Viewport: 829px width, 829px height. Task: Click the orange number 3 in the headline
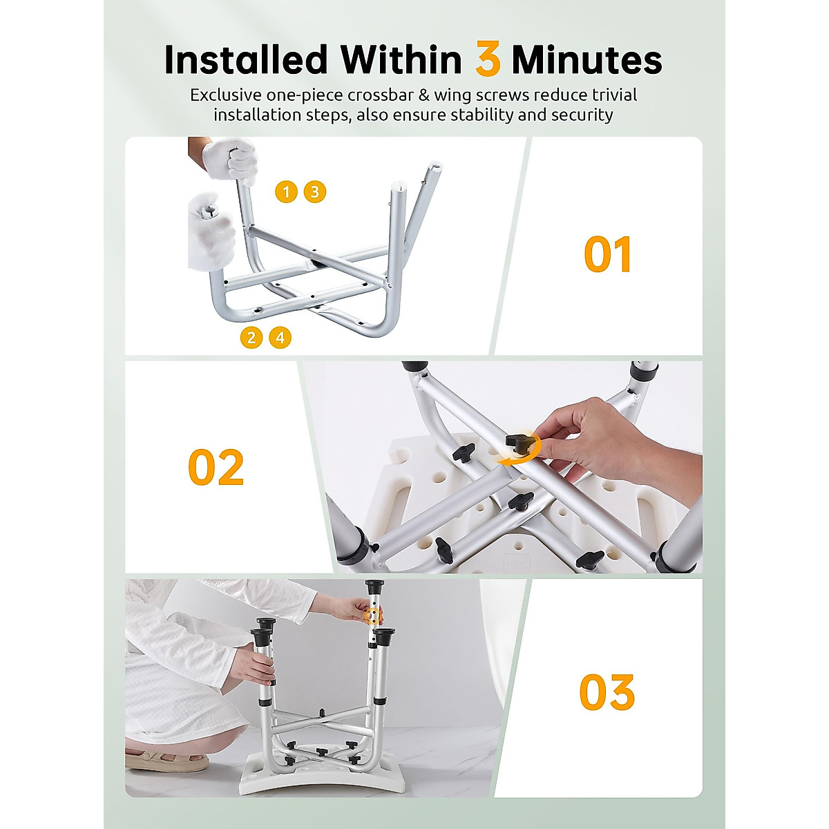coord(488,61)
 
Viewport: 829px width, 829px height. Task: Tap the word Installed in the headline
coord(245,61)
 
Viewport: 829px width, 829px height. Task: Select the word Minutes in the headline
coord(587,61)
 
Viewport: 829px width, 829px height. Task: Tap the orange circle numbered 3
coord(314,191)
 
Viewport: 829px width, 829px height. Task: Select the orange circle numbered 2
coord(251,337)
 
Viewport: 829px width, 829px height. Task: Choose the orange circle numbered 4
coord(280,337)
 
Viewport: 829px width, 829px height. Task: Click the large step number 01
coord(607,255)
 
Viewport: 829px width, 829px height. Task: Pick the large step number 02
coord(216,468)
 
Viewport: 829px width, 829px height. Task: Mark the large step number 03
coord(607,692)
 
